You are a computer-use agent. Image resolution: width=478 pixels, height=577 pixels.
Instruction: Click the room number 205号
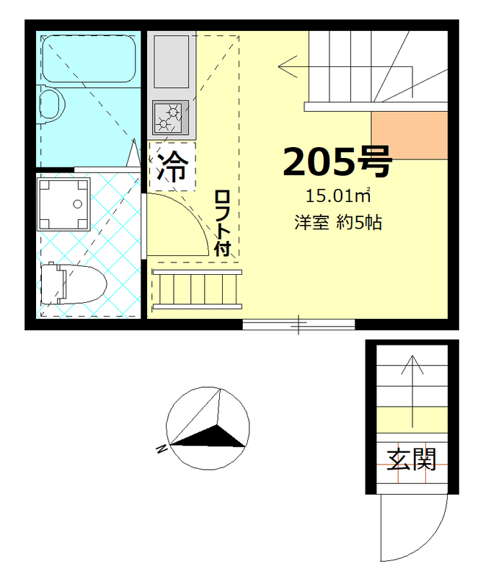point(337,162)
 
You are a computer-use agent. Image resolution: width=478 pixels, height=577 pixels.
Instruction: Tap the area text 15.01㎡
point(337,195)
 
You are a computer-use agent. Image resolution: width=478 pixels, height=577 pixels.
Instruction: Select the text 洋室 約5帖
point(337,223)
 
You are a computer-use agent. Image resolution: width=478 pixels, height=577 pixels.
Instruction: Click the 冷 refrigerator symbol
point(172,167)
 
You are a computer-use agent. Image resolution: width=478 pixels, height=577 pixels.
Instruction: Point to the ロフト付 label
point(222,224)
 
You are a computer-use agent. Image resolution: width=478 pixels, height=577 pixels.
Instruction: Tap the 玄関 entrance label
point(412,458)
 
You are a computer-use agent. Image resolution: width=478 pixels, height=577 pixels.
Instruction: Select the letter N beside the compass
point(161,450)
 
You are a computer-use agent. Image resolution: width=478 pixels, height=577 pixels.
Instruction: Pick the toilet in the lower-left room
point(71,283)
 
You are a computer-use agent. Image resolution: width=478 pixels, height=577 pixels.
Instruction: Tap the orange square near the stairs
point(409,135)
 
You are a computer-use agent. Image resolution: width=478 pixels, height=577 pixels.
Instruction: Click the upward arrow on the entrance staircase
point(412,389)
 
